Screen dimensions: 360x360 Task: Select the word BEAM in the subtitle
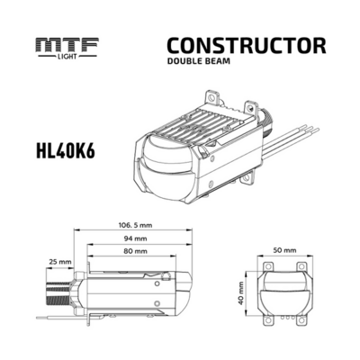click(217, 62)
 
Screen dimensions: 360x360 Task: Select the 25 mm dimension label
click(60, 262)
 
